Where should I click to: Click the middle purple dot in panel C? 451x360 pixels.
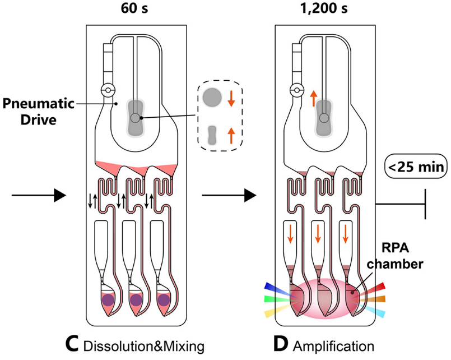(136, 300)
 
